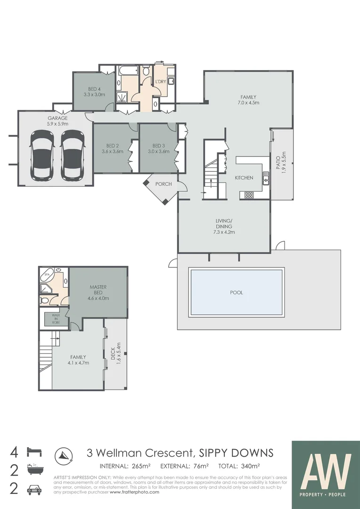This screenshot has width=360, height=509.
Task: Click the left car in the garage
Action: tap(41, 156)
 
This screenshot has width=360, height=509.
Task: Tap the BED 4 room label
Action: tap(94, 91)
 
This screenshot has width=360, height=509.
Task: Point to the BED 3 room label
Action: tap(158, 148)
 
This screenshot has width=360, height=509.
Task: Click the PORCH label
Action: tap(164, 184)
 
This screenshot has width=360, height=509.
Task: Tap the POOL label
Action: tap(236, 293)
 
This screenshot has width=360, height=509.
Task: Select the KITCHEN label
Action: tap(244, 178)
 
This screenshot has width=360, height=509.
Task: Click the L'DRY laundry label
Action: tap(161, 82)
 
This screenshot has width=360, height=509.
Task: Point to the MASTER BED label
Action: tap(98, 292)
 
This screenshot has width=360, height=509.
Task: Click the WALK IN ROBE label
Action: tap(56, 319)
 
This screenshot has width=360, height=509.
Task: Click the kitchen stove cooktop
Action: tap(247, 194)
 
